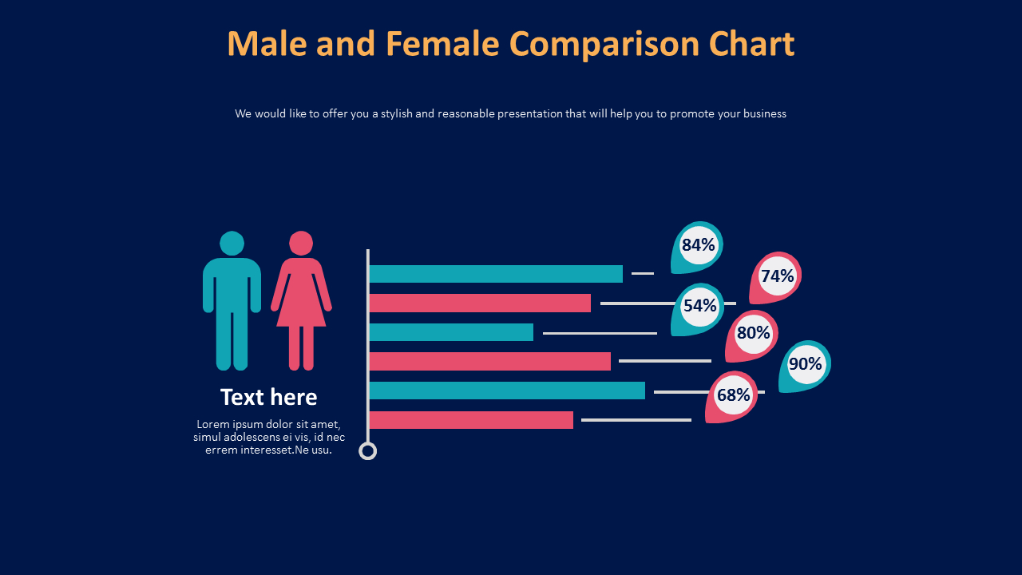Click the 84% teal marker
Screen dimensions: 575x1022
click(697, 246)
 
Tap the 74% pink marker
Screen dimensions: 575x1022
click(776, 276)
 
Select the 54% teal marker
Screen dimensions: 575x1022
click(699, 307)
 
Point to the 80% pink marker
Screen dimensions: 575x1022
click(752, 334)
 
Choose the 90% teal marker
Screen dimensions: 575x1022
click(805, 365)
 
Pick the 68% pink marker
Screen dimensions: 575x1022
click(732, 395)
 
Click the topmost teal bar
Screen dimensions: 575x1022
click(496, 274)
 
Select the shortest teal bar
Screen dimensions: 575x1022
click(451, 332)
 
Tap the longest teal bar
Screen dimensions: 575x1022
click(507, 391)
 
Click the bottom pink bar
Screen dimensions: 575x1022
click(471, 420)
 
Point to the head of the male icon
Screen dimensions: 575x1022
click(232, 243)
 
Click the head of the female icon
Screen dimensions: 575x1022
click(301, 243)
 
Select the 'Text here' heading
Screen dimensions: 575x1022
click(268, 397)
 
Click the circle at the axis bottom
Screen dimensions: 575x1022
click(367, 451)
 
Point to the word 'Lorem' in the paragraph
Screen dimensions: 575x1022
click(212, 424)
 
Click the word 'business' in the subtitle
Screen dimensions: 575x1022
click(764, 113)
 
